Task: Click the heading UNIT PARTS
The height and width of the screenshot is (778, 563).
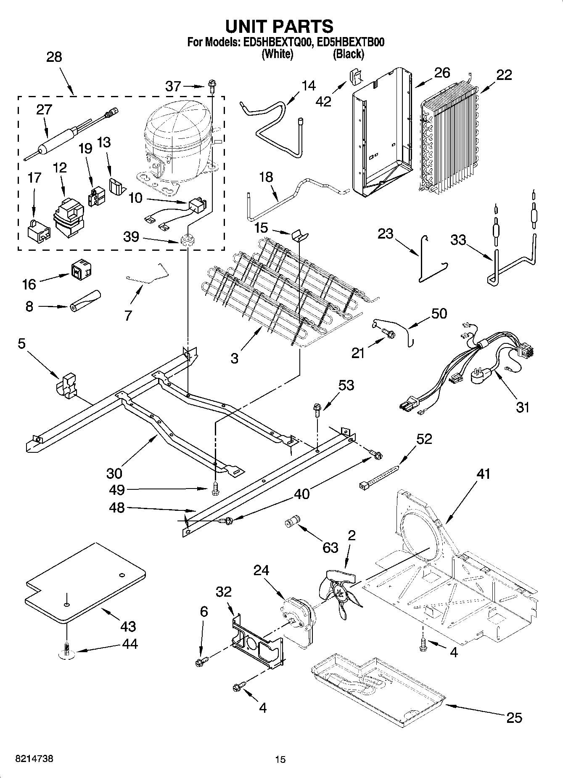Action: [x=280, y=27]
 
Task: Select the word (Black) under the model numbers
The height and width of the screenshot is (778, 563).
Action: [x=349, y=54]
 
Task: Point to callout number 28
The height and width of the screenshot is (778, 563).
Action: [x=54, y=57]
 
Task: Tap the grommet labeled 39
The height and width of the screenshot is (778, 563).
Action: [x=186, y=240]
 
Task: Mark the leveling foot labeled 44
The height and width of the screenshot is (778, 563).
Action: [x=66, y=651]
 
